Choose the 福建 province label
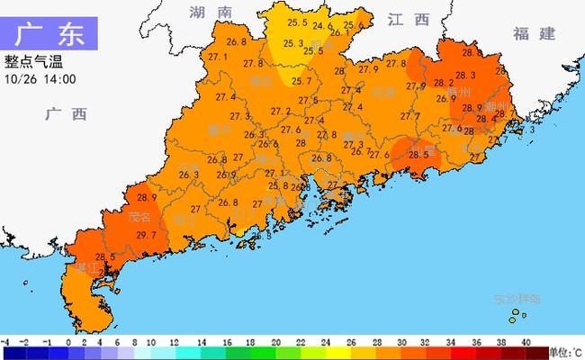coord(535,33)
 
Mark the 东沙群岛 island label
coord(517,298)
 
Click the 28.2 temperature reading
coord(443,83)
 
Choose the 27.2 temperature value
coord(281,112)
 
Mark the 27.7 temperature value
coord(410,116)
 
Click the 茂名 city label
coord(138,217)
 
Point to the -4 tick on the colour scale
coord(5,343)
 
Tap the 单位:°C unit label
coord(565,352)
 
